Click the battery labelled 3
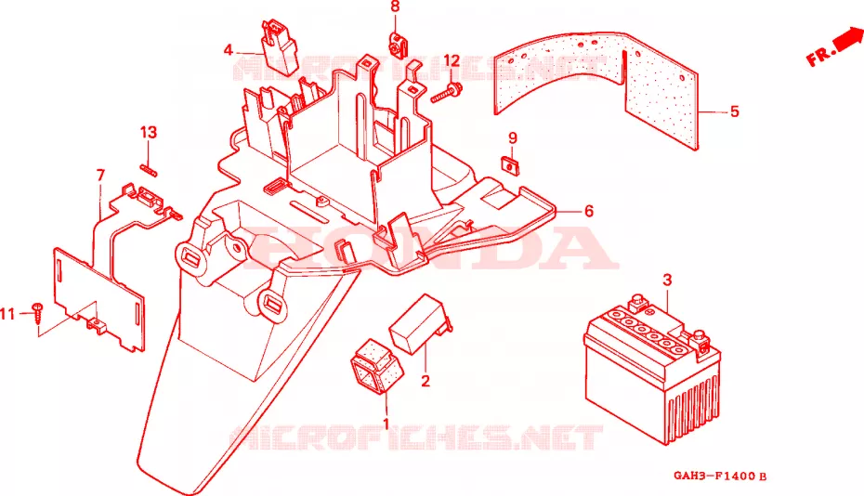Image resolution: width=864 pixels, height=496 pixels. [x=652, y=371]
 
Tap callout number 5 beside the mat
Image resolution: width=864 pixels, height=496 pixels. [x=734, y=111]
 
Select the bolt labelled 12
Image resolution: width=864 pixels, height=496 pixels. [x=446, y=93]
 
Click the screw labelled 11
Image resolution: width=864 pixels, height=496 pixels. [x=38, y=312]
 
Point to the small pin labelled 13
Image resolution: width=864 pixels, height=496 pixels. [x=149, y=169]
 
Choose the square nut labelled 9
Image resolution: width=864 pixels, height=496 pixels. [x=512, y=165]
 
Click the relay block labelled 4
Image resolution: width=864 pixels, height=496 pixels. [x=280, y=46]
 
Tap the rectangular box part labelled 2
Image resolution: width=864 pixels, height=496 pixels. [x=420, y=324]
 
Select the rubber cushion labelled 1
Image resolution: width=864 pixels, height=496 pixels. [x=376, y=367]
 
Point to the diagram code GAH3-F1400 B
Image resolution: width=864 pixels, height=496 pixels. [x=720, y=476]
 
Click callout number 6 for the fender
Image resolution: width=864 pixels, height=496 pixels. [x=588, y=211]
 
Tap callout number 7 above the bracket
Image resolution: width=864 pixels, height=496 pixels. [x=100, y=176]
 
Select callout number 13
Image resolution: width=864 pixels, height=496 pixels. [x=149, y=132]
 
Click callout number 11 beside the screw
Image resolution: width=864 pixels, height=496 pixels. [x=7, y=314]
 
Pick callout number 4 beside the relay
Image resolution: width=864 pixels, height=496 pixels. [x=229, y=51]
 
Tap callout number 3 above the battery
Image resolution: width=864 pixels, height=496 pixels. [x=667, y=280]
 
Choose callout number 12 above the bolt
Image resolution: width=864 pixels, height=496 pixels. [x=452, y=60]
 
